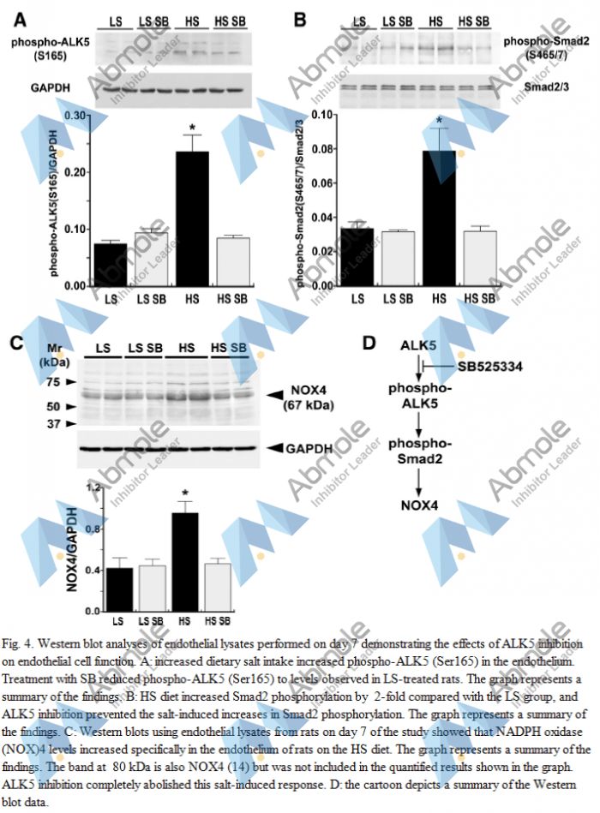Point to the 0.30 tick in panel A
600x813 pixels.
pos(81,115)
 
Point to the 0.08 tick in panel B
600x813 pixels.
pos(321,149)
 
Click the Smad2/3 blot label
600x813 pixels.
pos(549,87)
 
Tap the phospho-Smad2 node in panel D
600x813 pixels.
pos(417,453)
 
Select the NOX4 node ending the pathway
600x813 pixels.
pos(418,506)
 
